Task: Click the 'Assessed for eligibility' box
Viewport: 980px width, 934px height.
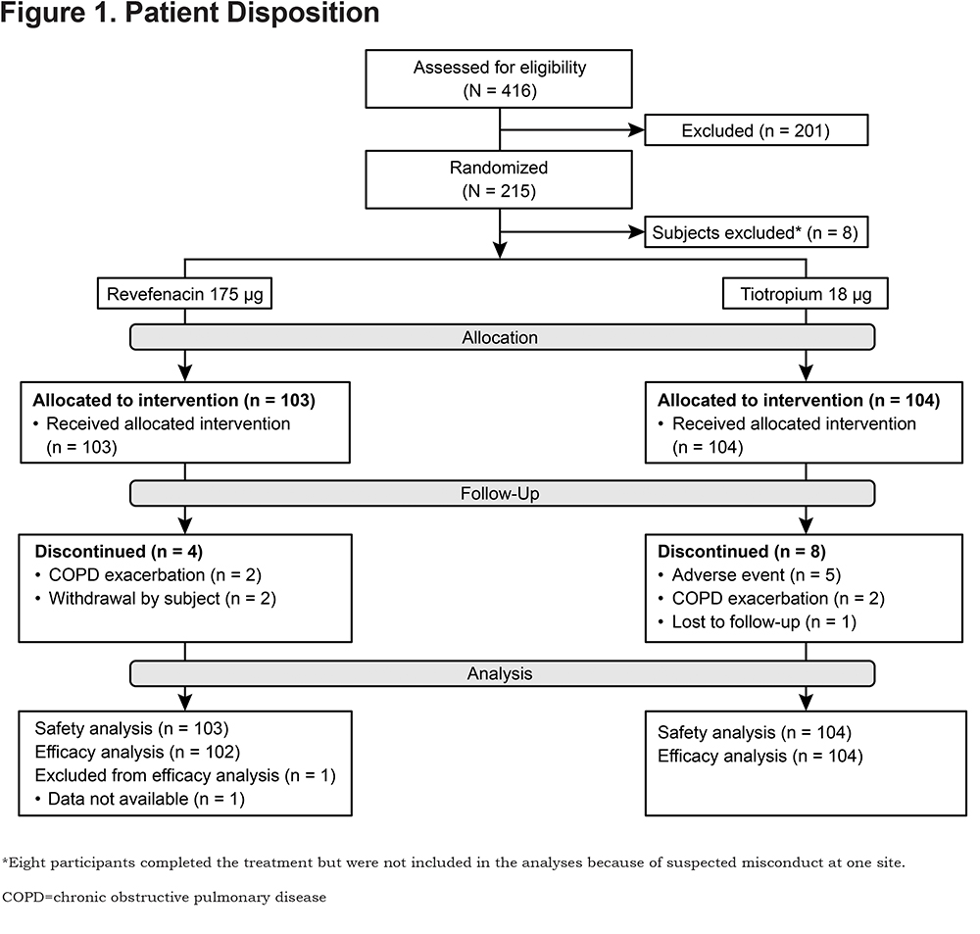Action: click(499, 78)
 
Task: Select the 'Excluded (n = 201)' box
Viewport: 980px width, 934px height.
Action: click(757, 130)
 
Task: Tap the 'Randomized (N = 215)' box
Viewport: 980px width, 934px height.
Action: click(499, 179)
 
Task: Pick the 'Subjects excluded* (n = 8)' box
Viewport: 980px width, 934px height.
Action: click(757, 232)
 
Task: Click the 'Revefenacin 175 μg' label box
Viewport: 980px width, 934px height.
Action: click(184, 293)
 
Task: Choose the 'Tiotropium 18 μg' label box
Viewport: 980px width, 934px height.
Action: click(805, 293)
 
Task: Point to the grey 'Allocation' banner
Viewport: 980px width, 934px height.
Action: click(502, 337)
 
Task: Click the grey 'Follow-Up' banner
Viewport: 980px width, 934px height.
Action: click(502, 493)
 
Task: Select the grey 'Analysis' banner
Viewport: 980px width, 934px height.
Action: click(502, 673)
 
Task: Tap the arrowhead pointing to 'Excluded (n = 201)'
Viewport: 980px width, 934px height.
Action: click(637, 130)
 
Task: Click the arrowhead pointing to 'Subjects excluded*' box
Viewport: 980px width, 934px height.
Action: click(637, 232)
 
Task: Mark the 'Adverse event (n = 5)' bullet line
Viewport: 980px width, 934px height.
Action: click(750, 574)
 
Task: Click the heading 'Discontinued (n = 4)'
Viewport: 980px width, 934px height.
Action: click(119, 552)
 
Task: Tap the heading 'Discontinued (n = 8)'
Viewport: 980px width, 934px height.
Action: click(742, 552)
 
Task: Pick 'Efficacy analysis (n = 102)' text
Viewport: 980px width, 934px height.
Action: click(137, 752)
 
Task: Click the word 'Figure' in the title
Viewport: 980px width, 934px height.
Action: click(42, 13)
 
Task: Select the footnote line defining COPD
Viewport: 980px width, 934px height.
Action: click(164, 897)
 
